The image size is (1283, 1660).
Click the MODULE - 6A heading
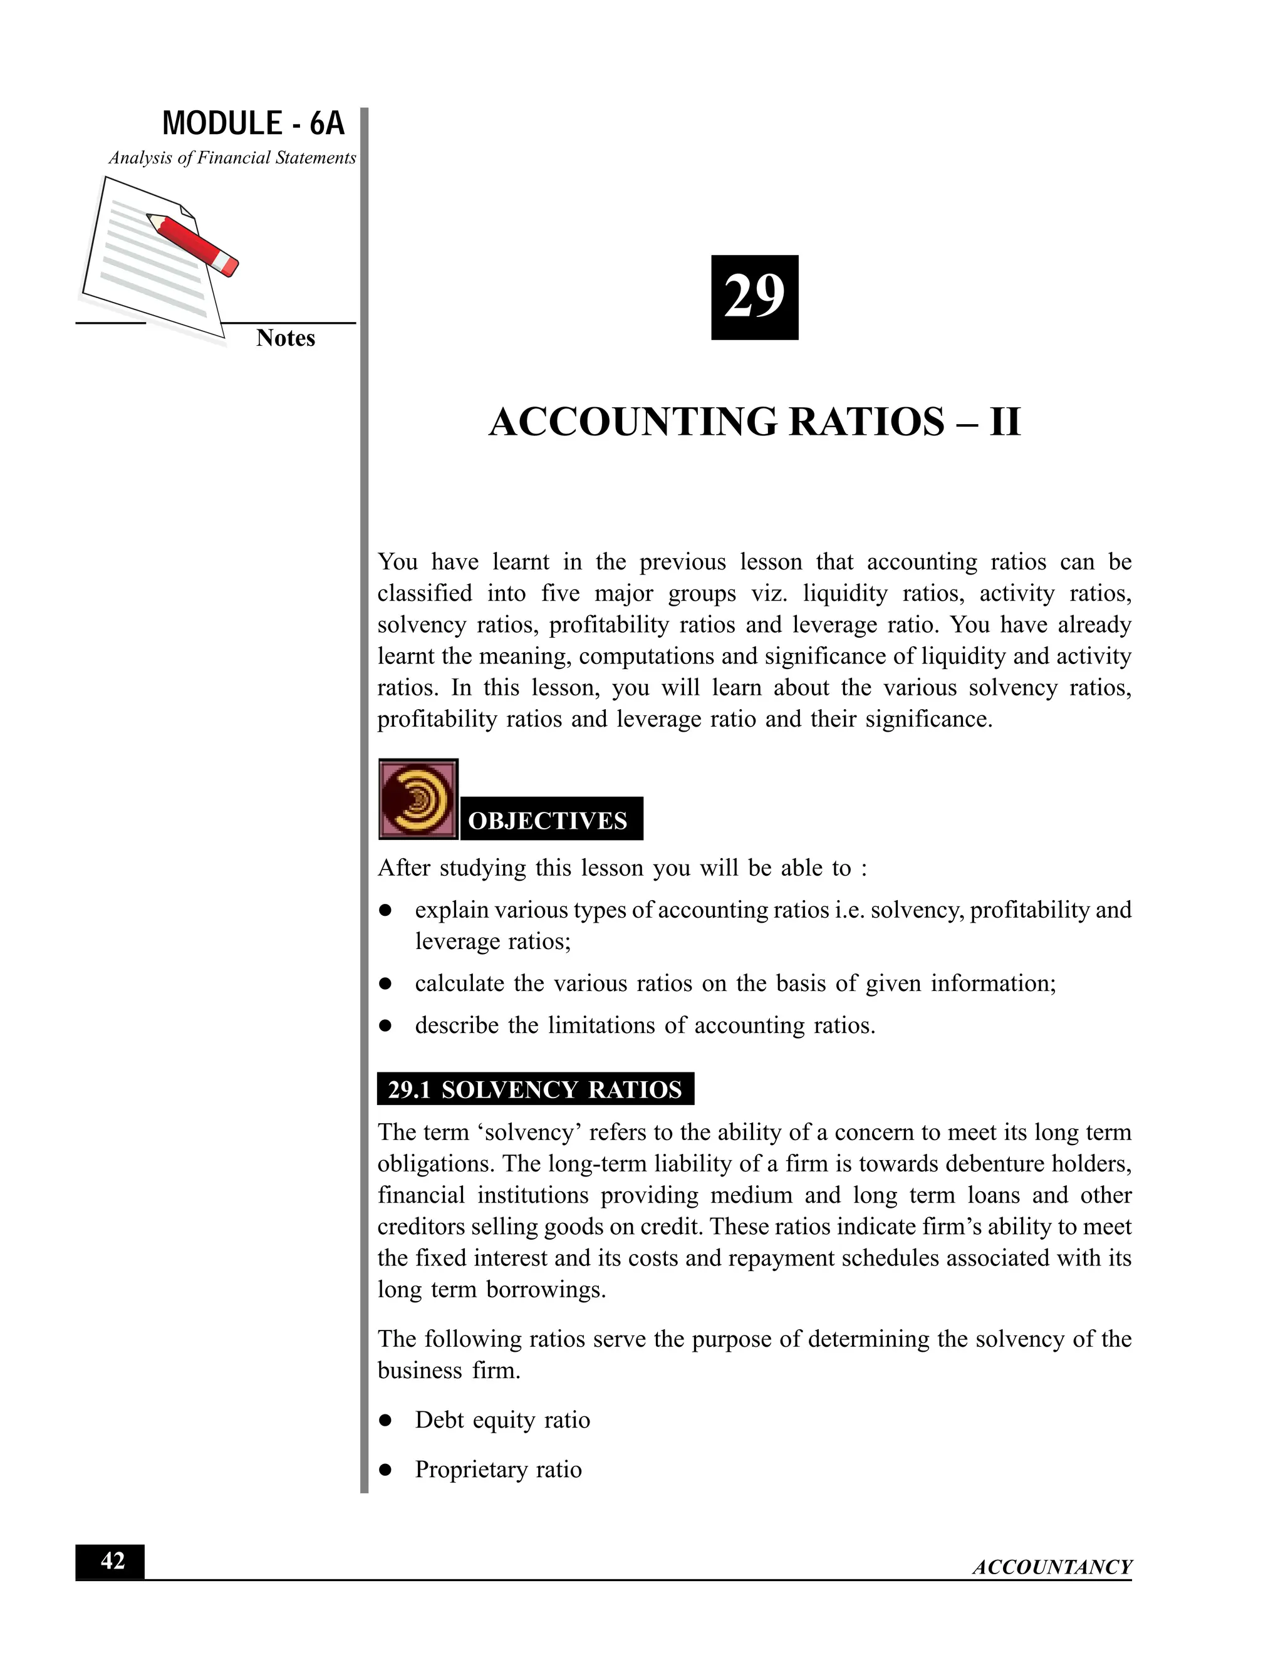[253, 123]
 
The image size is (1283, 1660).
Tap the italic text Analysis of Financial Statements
[232, 158]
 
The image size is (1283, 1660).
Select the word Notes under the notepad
[285, 338]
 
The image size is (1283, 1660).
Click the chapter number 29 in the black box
[754, 297]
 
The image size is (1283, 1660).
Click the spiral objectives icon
[418, 799]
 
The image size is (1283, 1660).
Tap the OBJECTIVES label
[548, 821]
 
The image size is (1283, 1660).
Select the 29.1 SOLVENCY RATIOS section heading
[535, 1090]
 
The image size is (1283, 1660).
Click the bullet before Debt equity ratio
[386, 1421]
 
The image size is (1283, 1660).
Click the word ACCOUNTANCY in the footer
[1052, 1567]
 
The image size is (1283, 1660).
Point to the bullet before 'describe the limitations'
[386, 1026]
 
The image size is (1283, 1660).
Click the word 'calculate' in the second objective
[459, 983]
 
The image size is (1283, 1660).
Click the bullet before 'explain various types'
[386, 911]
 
